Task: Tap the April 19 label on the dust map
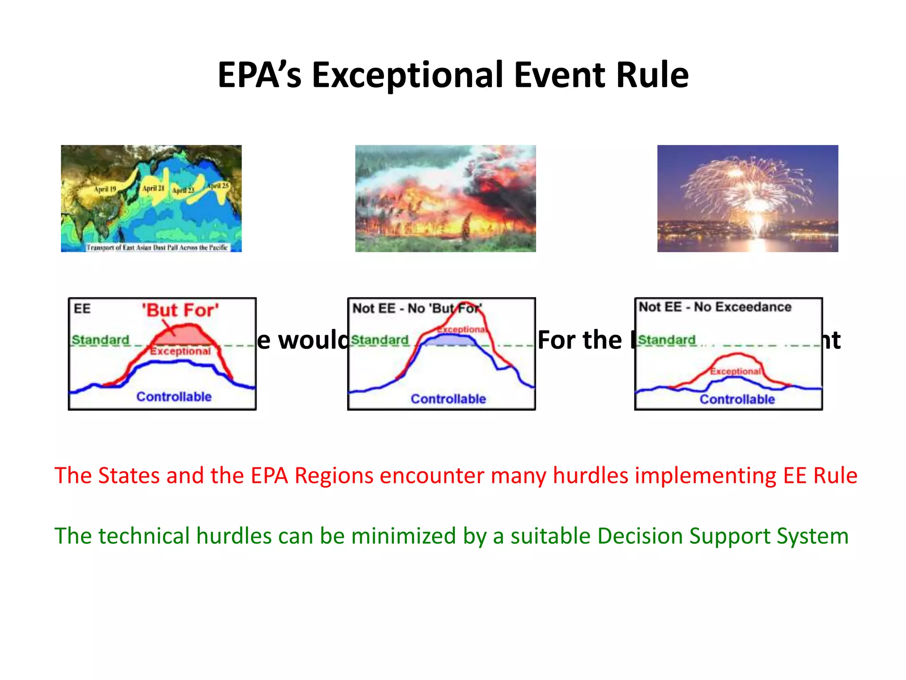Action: click(105, 189)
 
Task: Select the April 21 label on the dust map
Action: click(153, 188)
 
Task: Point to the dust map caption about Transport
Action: click(157, 247)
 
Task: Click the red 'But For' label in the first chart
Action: click(180, 310)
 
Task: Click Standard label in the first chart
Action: click(100, 340)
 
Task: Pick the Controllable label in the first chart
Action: click(174, 397)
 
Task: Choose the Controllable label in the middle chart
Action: click(448, 399)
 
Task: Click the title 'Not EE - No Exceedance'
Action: click(715, 307)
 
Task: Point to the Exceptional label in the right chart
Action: click(735, 371)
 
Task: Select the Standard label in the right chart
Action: click(667, 340)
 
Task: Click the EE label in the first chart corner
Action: click(82, 309)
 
